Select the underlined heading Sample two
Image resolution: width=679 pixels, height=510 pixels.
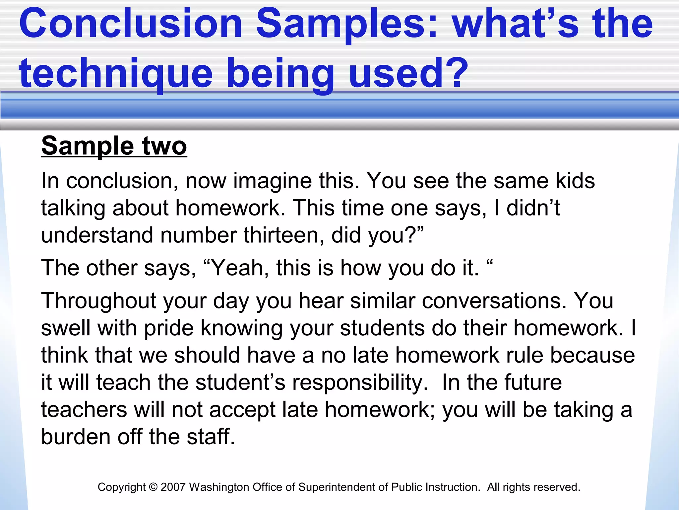[114, 146]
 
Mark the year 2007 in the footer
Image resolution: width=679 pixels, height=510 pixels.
[173, 487]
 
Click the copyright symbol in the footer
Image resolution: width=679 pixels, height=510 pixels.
[153, 487]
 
